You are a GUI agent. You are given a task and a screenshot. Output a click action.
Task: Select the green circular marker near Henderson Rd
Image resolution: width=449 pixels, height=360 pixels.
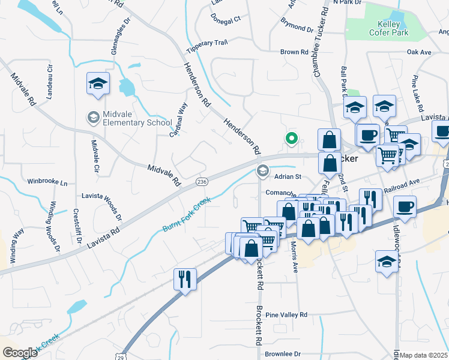point(292,139)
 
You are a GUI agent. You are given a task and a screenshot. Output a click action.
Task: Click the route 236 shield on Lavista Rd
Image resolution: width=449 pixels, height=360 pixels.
point(202,181)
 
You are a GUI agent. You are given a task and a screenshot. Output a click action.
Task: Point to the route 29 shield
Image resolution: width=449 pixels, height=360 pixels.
point(125,356)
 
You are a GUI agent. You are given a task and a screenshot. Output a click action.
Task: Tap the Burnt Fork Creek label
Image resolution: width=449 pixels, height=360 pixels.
point(187,215)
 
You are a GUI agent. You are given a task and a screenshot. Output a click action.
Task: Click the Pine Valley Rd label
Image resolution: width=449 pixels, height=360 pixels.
point(286,314)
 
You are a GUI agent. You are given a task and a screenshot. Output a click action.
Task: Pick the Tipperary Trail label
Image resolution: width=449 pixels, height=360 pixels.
point(207,43)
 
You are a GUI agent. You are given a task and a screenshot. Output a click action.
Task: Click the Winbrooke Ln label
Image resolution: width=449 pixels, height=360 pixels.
point(47,181)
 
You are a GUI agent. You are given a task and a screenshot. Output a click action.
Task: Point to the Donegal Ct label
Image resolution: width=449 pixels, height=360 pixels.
point(226,19)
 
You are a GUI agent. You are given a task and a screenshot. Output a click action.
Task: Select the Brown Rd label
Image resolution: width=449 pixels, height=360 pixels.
point(294,52)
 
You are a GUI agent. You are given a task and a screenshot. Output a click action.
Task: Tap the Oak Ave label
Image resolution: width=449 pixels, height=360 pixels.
point(420,53)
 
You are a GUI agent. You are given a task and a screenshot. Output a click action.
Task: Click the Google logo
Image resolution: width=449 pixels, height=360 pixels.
point(20,352)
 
